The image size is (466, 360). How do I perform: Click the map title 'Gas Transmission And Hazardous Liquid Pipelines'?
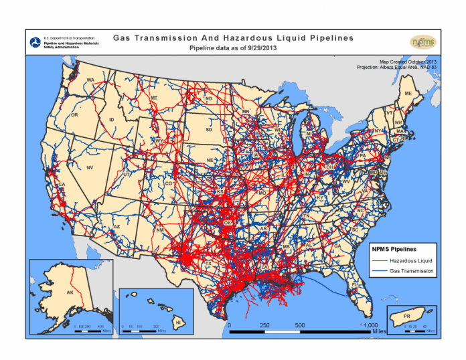232,39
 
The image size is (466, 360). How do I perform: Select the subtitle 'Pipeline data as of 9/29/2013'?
232,49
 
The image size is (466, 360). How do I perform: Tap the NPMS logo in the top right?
422,41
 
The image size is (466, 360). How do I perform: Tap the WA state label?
90,80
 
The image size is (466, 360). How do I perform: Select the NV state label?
89,167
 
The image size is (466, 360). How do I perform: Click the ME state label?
408,94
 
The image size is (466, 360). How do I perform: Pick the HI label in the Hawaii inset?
177,322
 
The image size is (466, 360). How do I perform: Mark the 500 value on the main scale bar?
299,325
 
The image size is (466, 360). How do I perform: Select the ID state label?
112,120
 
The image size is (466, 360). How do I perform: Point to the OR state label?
74,114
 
